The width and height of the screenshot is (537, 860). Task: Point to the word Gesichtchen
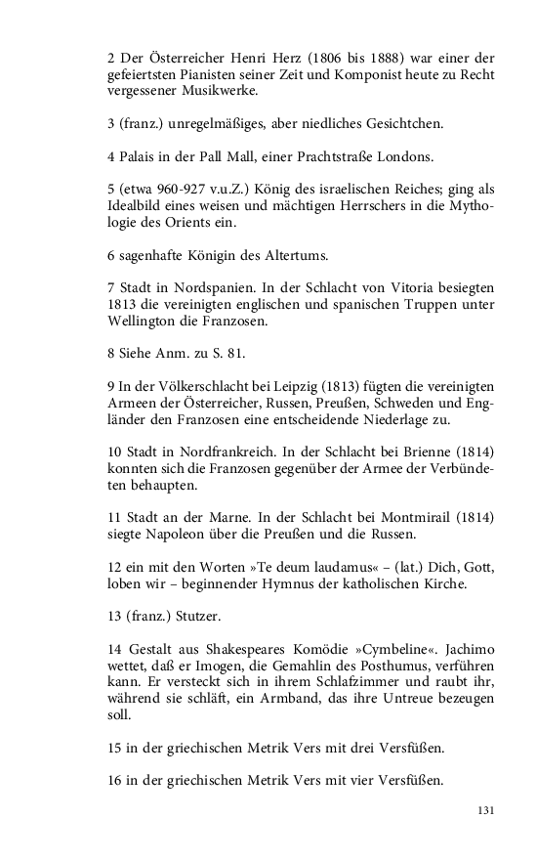coord(395,123)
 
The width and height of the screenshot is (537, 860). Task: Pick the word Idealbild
coord(136,207)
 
